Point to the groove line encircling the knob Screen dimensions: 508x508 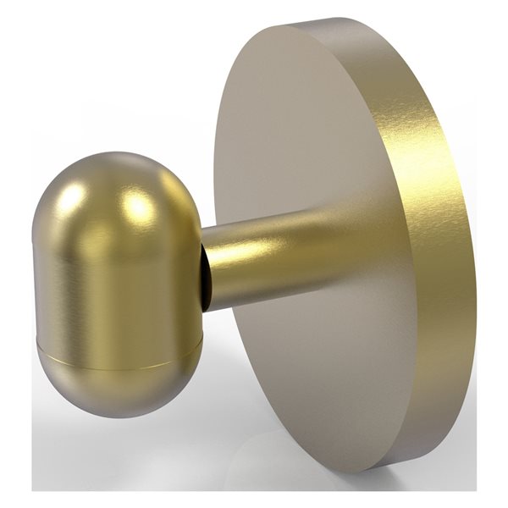tap(119, 354)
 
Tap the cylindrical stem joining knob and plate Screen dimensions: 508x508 tap(254, 258)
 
